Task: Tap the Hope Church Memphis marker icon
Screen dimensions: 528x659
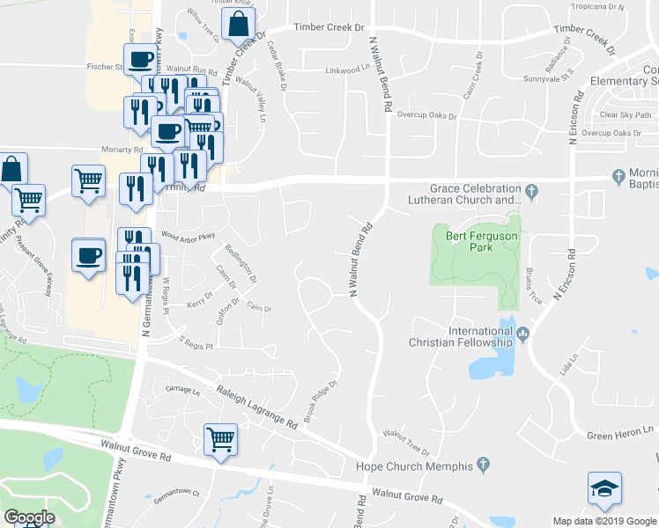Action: click(483, 464)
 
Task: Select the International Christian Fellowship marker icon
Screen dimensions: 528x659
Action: click(522, 333)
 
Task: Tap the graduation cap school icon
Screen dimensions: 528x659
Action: click(604, 490)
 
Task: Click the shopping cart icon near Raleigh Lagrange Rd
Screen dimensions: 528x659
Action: click(220, 439)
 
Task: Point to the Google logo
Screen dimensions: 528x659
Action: click(29, 517)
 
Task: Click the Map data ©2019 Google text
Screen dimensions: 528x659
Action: click(604, 521)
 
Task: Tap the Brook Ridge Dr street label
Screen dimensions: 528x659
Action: click(322, 401)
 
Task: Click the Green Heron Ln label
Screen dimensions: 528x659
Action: click(623, 436)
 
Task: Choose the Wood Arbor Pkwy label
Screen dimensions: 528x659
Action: click(188, 236)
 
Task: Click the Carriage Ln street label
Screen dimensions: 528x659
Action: click(172, 388)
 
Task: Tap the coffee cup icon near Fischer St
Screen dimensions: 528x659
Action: click(141, 60)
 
